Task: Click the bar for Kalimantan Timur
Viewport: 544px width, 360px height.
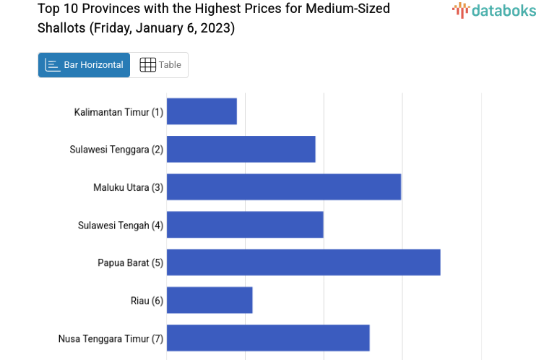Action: [202, 111]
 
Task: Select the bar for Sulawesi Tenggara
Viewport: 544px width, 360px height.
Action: [241, 149]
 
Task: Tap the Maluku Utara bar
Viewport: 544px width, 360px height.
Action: [283, 187]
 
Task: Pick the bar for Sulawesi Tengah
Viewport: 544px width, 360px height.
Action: [245, 225]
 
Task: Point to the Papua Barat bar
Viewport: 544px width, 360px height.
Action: [303, 262]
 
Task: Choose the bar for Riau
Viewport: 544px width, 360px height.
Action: [210, 300]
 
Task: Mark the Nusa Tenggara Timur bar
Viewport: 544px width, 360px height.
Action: [268, 338]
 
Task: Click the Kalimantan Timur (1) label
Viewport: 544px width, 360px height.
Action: [118, 112]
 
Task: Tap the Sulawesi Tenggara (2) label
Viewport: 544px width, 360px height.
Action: [116, 150]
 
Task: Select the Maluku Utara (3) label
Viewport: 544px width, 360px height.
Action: [128, 187]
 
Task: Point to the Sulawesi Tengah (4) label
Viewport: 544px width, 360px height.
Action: [121, 225]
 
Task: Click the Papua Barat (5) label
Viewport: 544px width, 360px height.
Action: [131, 262]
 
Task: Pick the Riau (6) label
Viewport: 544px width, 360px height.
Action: [147, 301]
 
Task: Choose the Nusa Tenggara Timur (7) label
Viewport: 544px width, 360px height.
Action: [111, 338]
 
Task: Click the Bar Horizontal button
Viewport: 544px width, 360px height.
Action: [85, 65]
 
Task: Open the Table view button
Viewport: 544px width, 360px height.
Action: [160, 65]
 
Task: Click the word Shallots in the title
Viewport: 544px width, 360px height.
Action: [61, 29]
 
